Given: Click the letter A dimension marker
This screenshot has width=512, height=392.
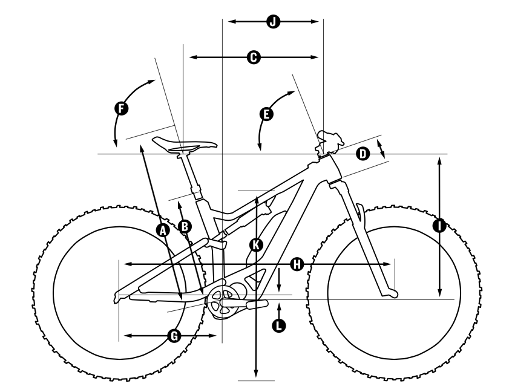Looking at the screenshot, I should pos(161,229).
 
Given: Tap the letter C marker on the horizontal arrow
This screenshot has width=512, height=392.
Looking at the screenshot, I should pos(254,57).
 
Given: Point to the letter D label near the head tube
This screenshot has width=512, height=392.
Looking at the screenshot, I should pos(362,154).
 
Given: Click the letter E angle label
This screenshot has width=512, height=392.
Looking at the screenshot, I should pos(265,113).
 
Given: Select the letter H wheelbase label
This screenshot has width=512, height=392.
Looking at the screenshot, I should pos(297,264).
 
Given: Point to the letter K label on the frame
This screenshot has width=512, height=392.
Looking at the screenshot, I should pos(257,244).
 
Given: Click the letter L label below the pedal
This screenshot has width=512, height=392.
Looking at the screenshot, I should pos(278,325).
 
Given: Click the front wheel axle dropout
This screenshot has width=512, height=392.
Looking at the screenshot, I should pos(392,294).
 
